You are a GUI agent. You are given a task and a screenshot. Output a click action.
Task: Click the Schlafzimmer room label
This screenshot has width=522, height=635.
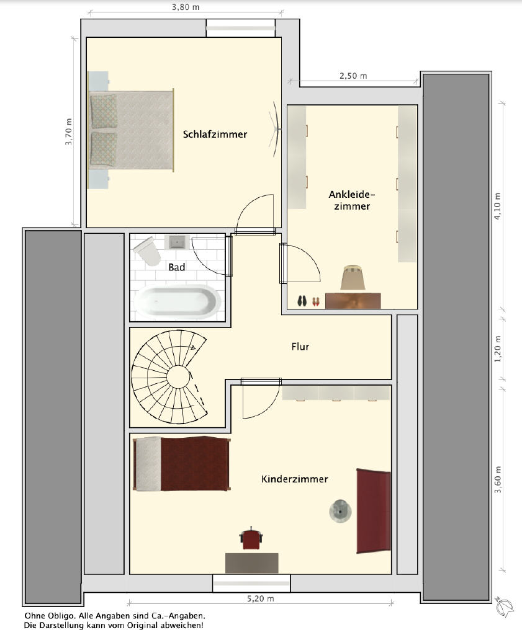point(215,135)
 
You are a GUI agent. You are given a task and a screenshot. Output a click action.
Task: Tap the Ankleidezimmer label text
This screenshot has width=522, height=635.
point(352,200)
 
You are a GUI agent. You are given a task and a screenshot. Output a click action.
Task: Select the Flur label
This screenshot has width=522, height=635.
point(300,347)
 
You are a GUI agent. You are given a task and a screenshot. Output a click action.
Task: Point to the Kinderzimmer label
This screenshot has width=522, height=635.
point(295,479)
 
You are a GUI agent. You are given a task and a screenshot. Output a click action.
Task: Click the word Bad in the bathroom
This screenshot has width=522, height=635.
point(177,267)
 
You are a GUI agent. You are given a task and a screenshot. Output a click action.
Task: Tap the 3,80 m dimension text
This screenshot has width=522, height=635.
point(186,7)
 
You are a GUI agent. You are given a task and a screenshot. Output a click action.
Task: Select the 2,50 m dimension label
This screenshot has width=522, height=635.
point(353,76)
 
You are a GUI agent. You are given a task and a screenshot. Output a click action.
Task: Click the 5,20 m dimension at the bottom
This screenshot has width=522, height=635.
point(261,598)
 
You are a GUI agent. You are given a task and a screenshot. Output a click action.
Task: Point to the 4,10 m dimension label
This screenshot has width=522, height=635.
point(498,206)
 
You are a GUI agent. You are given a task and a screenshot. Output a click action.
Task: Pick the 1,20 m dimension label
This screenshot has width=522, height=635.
point(498,349)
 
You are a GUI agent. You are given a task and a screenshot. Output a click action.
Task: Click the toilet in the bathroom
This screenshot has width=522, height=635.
point(146,251)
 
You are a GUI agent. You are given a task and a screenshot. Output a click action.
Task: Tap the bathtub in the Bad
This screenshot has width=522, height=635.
point(178,302)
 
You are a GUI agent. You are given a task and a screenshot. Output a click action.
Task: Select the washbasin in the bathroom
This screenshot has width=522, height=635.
point(178,242)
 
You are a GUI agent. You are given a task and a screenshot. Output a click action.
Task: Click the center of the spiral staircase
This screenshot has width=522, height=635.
point(178,376)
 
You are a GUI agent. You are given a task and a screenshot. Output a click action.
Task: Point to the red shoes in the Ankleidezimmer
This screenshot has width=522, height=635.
point(316,302)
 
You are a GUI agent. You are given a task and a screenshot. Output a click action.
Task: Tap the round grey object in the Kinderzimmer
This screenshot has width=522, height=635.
point(340,511)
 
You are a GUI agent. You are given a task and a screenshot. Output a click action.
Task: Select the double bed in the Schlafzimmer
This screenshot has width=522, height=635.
point(132,130)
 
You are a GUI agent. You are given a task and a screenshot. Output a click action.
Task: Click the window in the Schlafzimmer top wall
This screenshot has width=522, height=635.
point(240,29)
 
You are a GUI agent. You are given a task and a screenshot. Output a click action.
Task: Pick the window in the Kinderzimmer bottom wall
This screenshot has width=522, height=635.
point(251,583)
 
